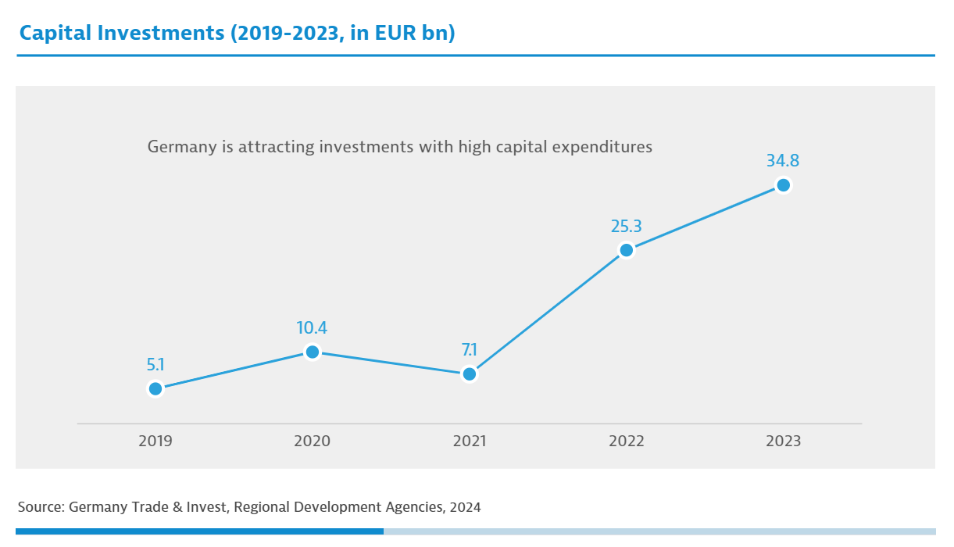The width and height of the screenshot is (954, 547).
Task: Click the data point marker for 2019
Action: tap(155, 388)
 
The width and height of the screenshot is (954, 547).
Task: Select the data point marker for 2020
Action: tap(312, 352)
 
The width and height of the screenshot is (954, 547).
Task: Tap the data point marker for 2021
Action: tap(469, 374)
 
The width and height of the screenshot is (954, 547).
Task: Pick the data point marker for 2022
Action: tap(626, 250)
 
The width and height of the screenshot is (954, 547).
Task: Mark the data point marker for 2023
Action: tap(783, 185)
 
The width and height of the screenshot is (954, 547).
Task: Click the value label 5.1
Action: tap(155, 364)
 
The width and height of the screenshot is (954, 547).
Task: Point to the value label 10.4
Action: tap(312, 328)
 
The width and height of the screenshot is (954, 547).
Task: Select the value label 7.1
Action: tap(469, 350)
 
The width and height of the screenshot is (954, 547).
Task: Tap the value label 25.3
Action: tap(626, 227)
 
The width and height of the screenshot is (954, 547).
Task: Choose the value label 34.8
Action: tap(783, 161)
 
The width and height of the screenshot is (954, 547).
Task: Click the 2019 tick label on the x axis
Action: tap(155, 442)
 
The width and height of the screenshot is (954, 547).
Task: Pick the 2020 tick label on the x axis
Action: tap(312, 442)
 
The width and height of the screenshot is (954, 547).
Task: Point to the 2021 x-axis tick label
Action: tap(469, 442)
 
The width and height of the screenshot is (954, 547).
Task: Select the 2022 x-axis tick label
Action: tap(626, 442)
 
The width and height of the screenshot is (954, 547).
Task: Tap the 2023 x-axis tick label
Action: tap(783, 442)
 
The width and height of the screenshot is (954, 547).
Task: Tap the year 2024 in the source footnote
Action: tap(465, 507)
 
